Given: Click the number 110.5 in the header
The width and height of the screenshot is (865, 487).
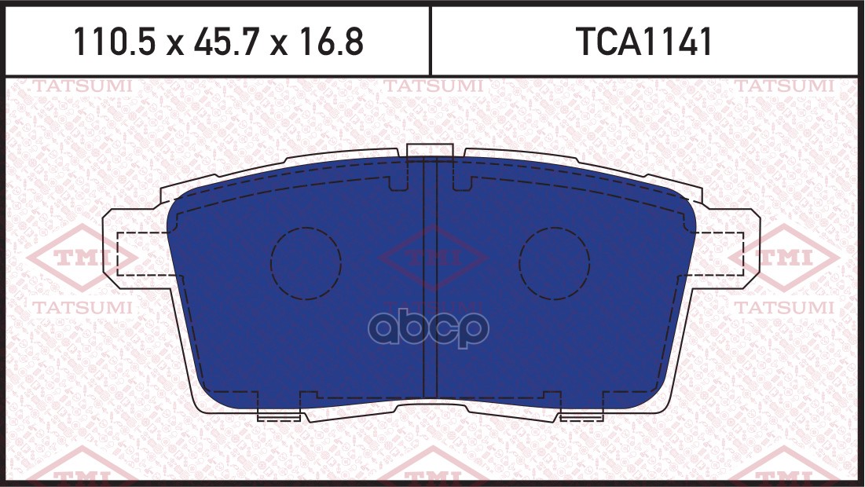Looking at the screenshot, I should pos(109,42).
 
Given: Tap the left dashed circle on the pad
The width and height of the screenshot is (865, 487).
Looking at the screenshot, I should pos(306,263).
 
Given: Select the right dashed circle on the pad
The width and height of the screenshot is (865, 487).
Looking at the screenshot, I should pos(555,263).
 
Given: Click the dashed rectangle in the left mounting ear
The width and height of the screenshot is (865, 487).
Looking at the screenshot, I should pos(141,254).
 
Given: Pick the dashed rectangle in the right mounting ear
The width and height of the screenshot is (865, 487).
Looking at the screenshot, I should pos(718,253).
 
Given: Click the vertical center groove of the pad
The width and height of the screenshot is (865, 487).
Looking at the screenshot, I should pos(430,279).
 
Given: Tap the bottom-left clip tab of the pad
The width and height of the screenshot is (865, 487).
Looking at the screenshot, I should pos(279,414).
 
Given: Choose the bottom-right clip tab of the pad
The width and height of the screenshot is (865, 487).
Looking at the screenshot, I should pos(581,414).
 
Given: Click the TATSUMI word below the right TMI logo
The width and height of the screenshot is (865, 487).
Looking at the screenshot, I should pos(784,309).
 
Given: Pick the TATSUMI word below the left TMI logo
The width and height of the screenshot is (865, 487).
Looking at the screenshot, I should pos(82,309).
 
